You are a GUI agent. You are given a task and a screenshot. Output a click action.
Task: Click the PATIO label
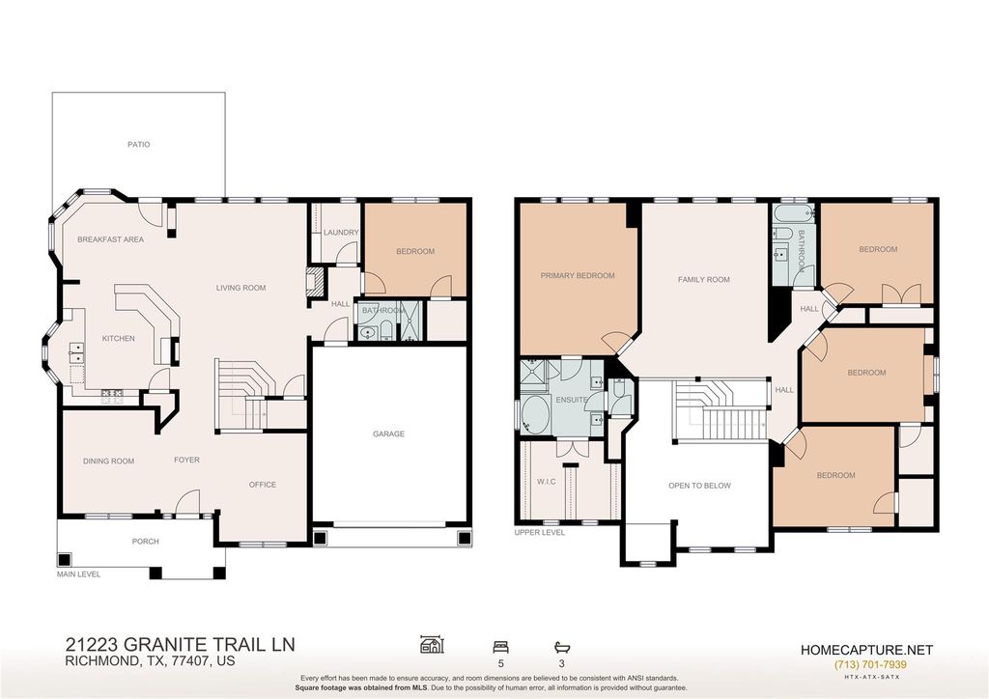[x=139, y=145]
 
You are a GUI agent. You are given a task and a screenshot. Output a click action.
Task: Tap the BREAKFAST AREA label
[x=110, y=239]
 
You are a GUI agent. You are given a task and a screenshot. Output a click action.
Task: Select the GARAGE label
[x=388, y=433]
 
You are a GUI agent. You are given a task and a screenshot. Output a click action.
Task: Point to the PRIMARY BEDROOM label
[x=578, y=275]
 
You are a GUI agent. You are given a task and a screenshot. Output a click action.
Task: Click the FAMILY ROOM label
[x=704, y=279]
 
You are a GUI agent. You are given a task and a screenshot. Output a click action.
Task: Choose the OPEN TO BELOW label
[x=699, y=486]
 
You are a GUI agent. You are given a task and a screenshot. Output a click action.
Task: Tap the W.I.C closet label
[x=547, y=482]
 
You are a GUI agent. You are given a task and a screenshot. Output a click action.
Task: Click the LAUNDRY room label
[x=341, y=233]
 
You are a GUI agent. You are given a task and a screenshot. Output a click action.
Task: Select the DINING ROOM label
[x=108, y=461]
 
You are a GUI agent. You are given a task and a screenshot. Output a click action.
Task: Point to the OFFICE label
[x=263, y=485]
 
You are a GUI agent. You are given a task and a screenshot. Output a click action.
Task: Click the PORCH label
[x=145, y=542]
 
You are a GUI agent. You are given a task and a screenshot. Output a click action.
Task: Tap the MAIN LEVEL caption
[x=79, y=574]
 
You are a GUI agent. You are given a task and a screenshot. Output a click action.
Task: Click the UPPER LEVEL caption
[x=539, y=533]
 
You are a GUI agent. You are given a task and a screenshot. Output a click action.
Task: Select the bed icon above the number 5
[x=501, y=647]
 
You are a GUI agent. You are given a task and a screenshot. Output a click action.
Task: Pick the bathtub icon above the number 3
[x=561, y=647]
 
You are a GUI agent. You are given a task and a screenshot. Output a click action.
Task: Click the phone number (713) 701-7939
[x=870, y=664]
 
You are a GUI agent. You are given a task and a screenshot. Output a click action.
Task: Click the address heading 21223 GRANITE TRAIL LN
[x=181, y=644]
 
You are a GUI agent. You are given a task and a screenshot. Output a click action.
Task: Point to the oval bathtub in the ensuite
[x=535, y=415]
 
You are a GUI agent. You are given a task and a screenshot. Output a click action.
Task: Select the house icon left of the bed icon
[x=432, y=645]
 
